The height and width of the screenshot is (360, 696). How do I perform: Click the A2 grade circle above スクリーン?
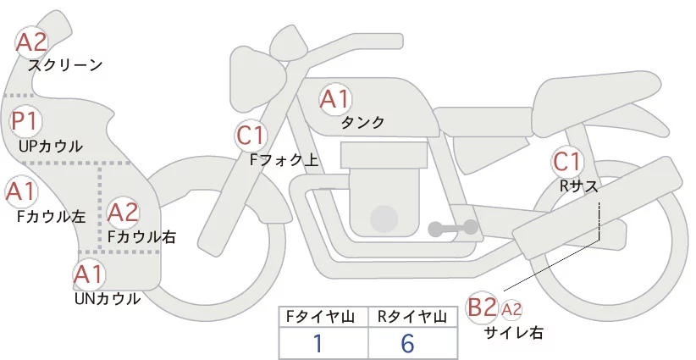click(x=33, y=42)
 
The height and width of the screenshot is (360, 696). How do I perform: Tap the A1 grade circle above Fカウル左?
click(x=20, y=192)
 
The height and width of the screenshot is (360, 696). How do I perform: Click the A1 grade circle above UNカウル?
click(x=89, y=275)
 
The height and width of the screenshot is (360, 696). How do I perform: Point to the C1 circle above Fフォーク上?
click(x=251, y=135)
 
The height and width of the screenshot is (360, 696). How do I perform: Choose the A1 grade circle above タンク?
click(x=334, y=99)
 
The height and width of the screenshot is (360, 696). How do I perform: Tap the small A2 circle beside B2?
click(x=511, y=309)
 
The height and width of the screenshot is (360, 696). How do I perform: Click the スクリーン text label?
click(x=65, y=64)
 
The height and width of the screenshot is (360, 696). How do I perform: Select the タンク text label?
click(x=362, y=122)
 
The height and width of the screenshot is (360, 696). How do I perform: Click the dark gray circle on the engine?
click(x=385, y=219)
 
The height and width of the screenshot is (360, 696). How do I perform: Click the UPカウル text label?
click(x=51, y=147)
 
